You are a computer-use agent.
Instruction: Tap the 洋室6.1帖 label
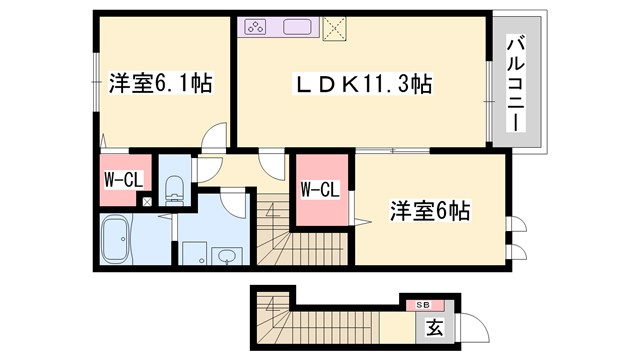click(159, 81)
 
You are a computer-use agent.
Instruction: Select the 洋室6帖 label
click(429, 212)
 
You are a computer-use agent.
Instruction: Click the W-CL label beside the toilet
click(122, 181)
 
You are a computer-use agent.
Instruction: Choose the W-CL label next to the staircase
click(320, 188)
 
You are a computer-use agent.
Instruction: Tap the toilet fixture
click(174, 187)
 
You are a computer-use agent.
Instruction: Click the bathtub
click(123, 241)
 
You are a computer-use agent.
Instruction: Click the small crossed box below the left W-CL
click(147, 202)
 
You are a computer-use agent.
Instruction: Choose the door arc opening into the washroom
click(236, 203)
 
